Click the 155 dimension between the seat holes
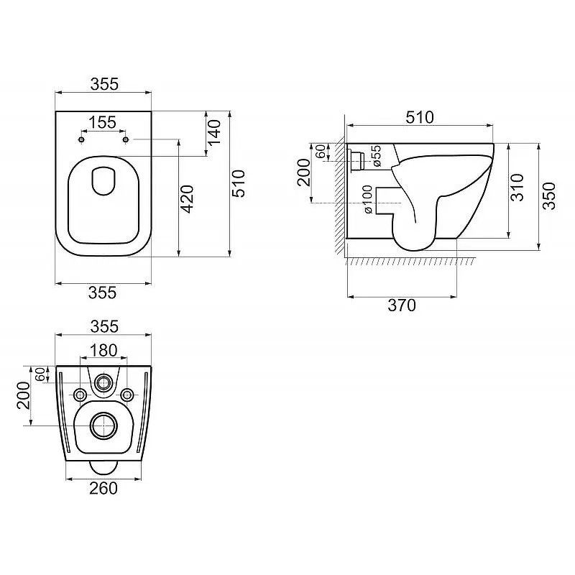(x=103, y=122)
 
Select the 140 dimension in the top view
(x=214, y=132)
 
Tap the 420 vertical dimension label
(x=188, y=199)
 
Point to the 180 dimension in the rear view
(x=103, y=350)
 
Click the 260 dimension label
(x=103, y=488)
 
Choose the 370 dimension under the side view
(x=402, y=305)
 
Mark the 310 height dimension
(x=517, y=188)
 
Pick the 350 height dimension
(x=548, y=195)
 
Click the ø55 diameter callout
(x=377, y=156)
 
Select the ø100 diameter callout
(x=368, y=199)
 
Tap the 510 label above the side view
(x=420, y=117)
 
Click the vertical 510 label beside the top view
(x=239, y=184)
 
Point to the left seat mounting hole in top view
(x=81, y=139)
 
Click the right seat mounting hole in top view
(x=125, y=139)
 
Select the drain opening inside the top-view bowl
(x=103, y=181)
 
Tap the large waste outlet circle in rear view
(x=104, y=425)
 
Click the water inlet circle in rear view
(x=103, y=383)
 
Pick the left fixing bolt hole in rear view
(x=80, y=395)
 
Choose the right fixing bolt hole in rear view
(x=127, y=395)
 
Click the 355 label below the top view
(x=102, y=293)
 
